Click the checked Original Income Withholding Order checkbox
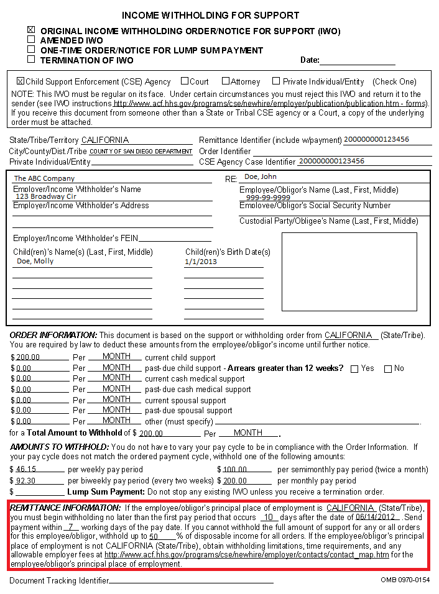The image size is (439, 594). [x=31, y=29]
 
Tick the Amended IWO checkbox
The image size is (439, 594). [x=31, y=39]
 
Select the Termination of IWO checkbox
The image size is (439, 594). [x=31, y=60]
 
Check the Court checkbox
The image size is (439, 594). [x=185, y=81]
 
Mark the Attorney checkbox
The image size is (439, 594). [x=226, y=81]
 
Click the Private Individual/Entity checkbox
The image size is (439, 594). [x=276, y=81]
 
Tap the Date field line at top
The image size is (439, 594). [x=358, y=61]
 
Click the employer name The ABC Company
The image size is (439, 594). [x=44, y=178]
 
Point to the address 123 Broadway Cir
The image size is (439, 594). [x=46, y=196]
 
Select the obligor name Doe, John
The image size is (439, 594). [x=261, y=177]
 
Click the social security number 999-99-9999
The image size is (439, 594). [x=268, y=198]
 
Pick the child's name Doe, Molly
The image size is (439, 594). [x=35, y=261]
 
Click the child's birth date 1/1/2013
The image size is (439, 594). [x=201, y=262]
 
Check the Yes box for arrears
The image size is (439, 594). [x=354, y=368]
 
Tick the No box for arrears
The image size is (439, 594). [x=388, y=368]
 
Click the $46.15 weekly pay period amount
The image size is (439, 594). [x=26, y=470]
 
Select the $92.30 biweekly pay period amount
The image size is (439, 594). [x=26, y=481]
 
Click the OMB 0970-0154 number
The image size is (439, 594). [x=405, y=580]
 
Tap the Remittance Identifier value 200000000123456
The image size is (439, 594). [x=376, y=139]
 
